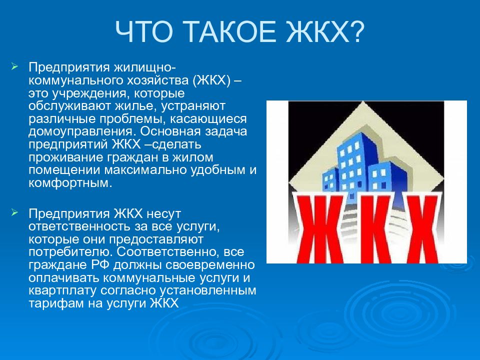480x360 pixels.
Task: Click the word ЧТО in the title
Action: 144,32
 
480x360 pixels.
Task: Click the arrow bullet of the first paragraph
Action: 14,66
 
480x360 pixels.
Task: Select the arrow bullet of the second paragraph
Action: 14,212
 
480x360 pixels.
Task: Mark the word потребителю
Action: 70,252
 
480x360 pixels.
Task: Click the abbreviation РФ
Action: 100,265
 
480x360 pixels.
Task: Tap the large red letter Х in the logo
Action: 422,228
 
